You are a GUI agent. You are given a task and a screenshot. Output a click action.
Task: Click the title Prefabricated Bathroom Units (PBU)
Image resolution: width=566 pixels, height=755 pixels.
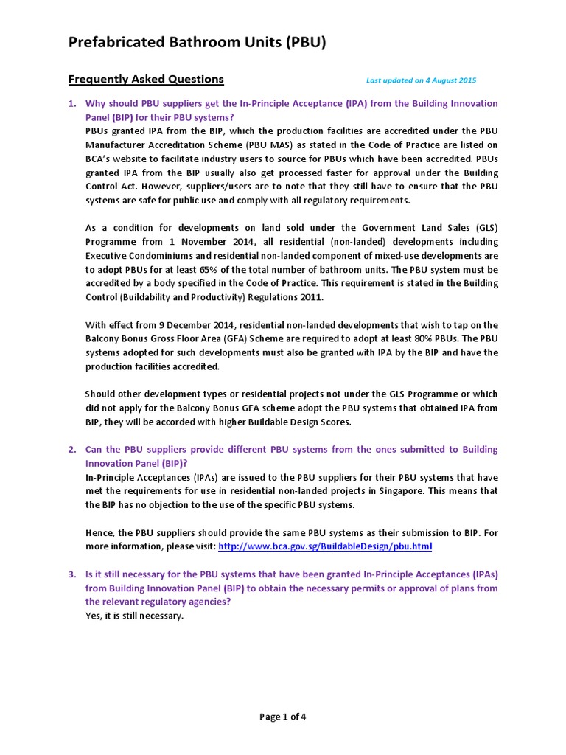[197, 44]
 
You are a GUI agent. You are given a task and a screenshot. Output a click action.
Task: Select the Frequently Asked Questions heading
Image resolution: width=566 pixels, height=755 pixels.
[146, 79]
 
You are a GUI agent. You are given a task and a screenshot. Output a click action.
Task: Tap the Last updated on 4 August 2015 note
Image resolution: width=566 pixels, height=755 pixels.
[421, 80]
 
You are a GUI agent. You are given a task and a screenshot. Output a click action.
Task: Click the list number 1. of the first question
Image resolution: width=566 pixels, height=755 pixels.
[72, 104]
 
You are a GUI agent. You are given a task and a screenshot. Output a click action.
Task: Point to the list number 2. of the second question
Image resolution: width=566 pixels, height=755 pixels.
[72, 450]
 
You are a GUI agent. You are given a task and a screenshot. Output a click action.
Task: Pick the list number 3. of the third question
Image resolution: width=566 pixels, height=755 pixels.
[72, 574]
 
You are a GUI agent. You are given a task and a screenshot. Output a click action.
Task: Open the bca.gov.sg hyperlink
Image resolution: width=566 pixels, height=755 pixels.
[325, 546]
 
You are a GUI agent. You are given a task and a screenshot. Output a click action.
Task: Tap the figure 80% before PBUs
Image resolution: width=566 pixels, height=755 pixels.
[433, 338]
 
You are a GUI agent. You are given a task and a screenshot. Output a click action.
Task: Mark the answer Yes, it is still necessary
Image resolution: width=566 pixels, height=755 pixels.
[134, 616]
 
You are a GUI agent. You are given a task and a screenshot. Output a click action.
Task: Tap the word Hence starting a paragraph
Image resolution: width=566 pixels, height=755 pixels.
[99, 532]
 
